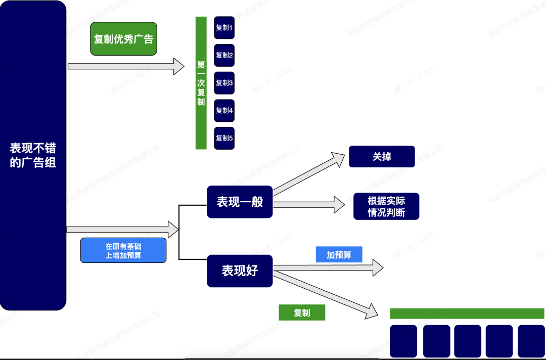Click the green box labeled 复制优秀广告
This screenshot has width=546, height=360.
click(x=123, y=39)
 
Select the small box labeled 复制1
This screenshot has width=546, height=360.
click(x=224, y=28)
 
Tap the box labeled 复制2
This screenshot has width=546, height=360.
click(x=224, y=55)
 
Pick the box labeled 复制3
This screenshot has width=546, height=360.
click(x=224, y=83)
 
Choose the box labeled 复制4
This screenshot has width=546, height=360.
click(x=224, y=110)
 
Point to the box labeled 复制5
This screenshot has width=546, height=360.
click(x=224, y=138)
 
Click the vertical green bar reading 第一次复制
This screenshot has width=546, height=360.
click(x=201, y=83)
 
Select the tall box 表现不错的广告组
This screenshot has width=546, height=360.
click(x=33, y=155)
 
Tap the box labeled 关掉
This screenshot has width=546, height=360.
click(x=382, y=157)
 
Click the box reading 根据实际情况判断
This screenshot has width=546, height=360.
click(x=386, y=206)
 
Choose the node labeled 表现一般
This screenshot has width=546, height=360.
click(x=240, y=202)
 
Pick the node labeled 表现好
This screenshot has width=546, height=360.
click(x=240, y=271)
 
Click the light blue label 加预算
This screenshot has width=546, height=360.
click(x=339, y=255)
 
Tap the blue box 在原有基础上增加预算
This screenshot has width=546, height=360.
click(x=123, y=250)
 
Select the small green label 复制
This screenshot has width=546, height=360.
click(x=302, y=313)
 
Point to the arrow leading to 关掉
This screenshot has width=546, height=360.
click(x=308, y=174)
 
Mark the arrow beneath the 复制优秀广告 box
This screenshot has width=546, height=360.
click(x=126, y=66)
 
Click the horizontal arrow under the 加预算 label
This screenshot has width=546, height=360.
click(x=329, y=267)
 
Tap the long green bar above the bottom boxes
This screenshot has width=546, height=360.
click(x=467, y=313)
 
